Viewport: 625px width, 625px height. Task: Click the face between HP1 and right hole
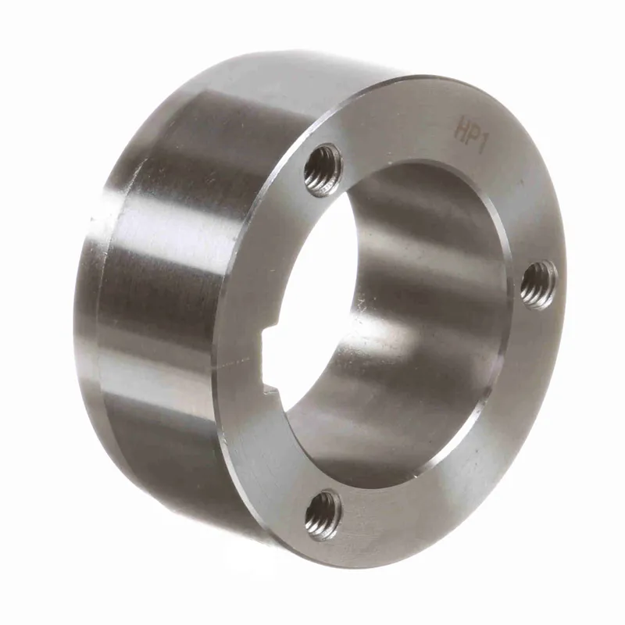pos(523,195)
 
